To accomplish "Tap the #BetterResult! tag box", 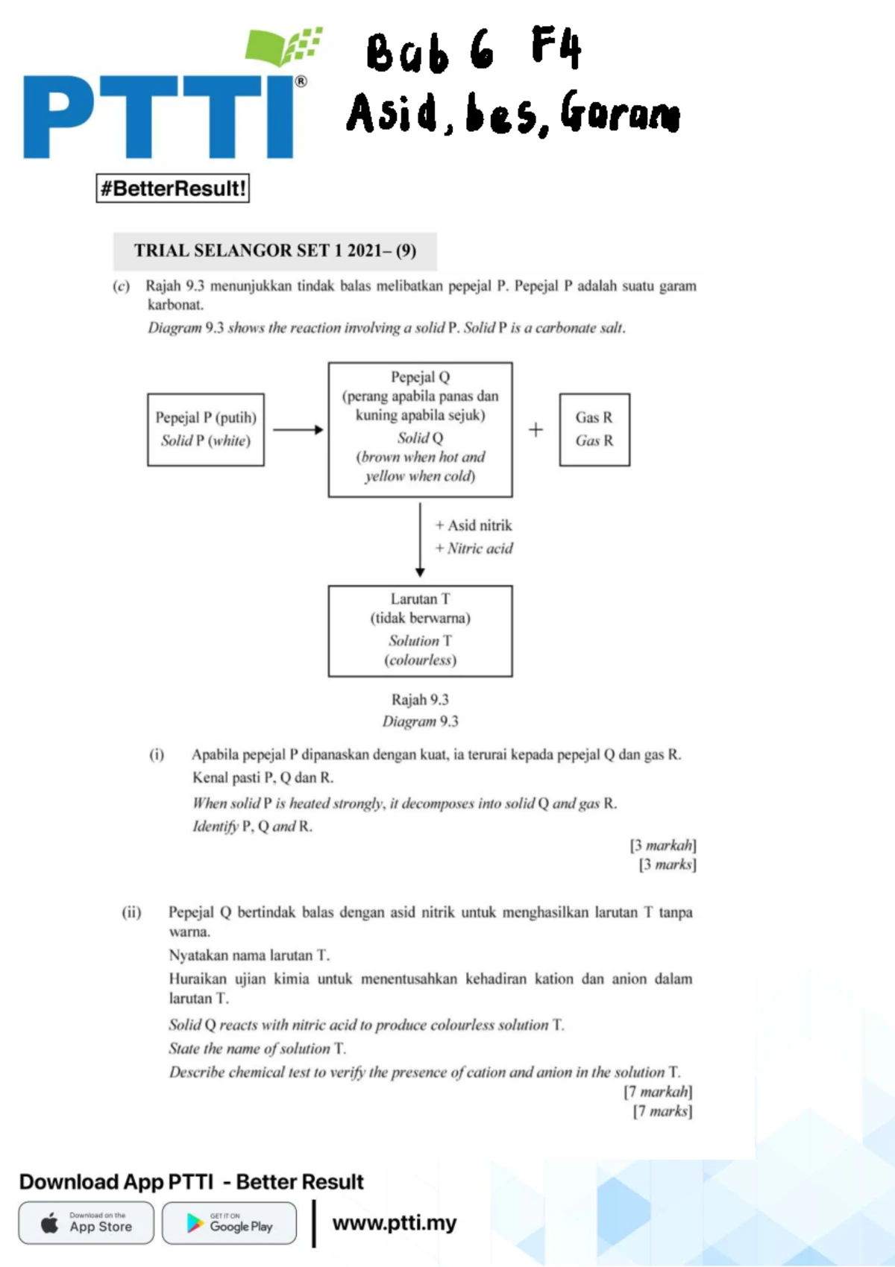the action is coord(172,188).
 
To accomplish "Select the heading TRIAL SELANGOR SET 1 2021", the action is coord(274,250).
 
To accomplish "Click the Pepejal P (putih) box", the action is coord(206,429).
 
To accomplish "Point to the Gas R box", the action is coord(594,429).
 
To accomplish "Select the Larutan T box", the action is coord(420,631).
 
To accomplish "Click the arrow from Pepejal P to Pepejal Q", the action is coord(297,429).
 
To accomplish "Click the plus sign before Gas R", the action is coord(536,429).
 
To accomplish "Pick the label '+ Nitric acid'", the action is coord(474,549).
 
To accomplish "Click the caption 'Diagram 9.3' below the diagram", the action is coord(420,721).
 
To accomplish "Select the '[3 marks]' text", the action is coord(668,865).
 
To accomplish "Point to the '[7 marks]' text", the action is coord(662,1111).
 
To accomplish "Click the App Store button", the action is coord(87,1223).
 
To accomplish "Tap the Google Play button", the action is coord(229,1223).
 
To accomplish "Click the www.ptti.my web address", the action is coord(394,1223).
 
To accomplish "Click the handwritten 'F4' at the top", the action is coord(556,47).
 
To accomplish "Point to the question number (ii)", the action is coord(131,912).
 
